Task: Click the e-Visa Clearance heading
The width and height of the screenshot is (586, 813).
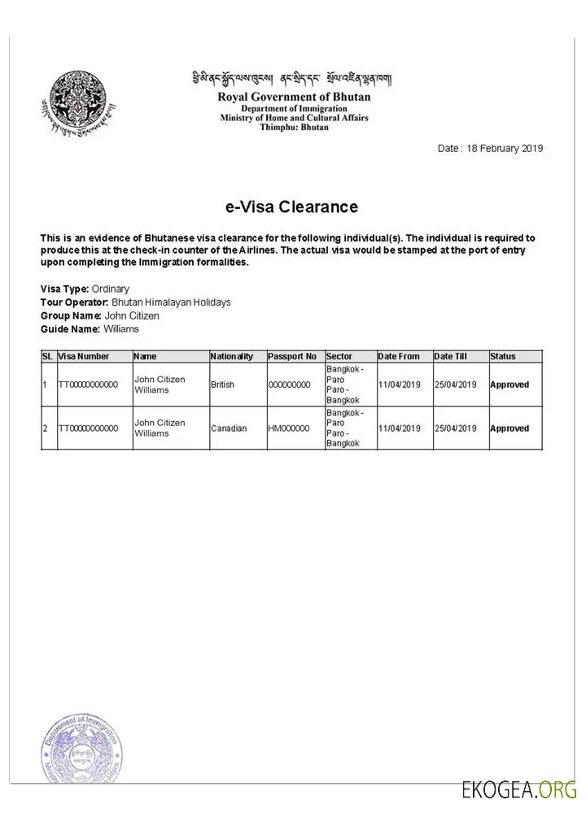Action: tap(291, 207)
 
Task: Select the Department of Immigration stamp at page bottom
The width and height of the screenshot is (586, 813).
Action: tap(81, 749)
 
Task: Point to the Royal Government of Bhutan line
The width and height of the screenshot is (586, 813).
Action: tap(293, 97)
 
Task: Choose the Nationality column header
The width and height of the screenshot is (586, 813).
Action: tap(232, 356)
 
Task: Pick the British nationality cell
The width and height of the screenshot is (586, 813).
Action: tap(222, 385)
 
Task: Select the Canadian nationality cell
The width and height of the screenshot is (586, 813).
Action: tap(229, 428)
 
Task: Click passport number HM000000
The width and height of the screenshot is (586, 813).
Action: tap(288, 428)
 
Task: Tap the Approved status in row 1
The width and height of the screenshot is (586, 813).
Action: tap(509, 385)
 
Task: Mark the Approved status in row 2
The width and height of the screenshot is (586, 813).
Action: tap(509, 428)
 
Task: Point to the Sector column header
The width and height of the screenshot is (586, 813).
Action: tap(339, 356)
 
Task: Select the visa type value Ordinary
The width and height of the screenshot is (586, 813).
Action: tap(111, 289)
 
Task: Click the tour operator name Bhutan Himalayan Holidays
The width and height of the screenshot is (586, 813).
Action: tap(171, 302)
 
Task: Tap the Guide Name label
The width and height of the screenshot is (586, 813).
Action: tap(70, 328)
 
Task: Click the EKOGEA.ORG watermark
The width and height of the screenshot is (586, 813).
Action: tap(518, 789)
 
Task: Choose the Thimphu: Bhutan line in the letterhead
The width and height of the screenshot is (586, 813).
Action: tap(293, 128)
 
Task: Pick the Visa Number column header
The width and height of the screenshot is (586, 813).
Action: tap(84, 356)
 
